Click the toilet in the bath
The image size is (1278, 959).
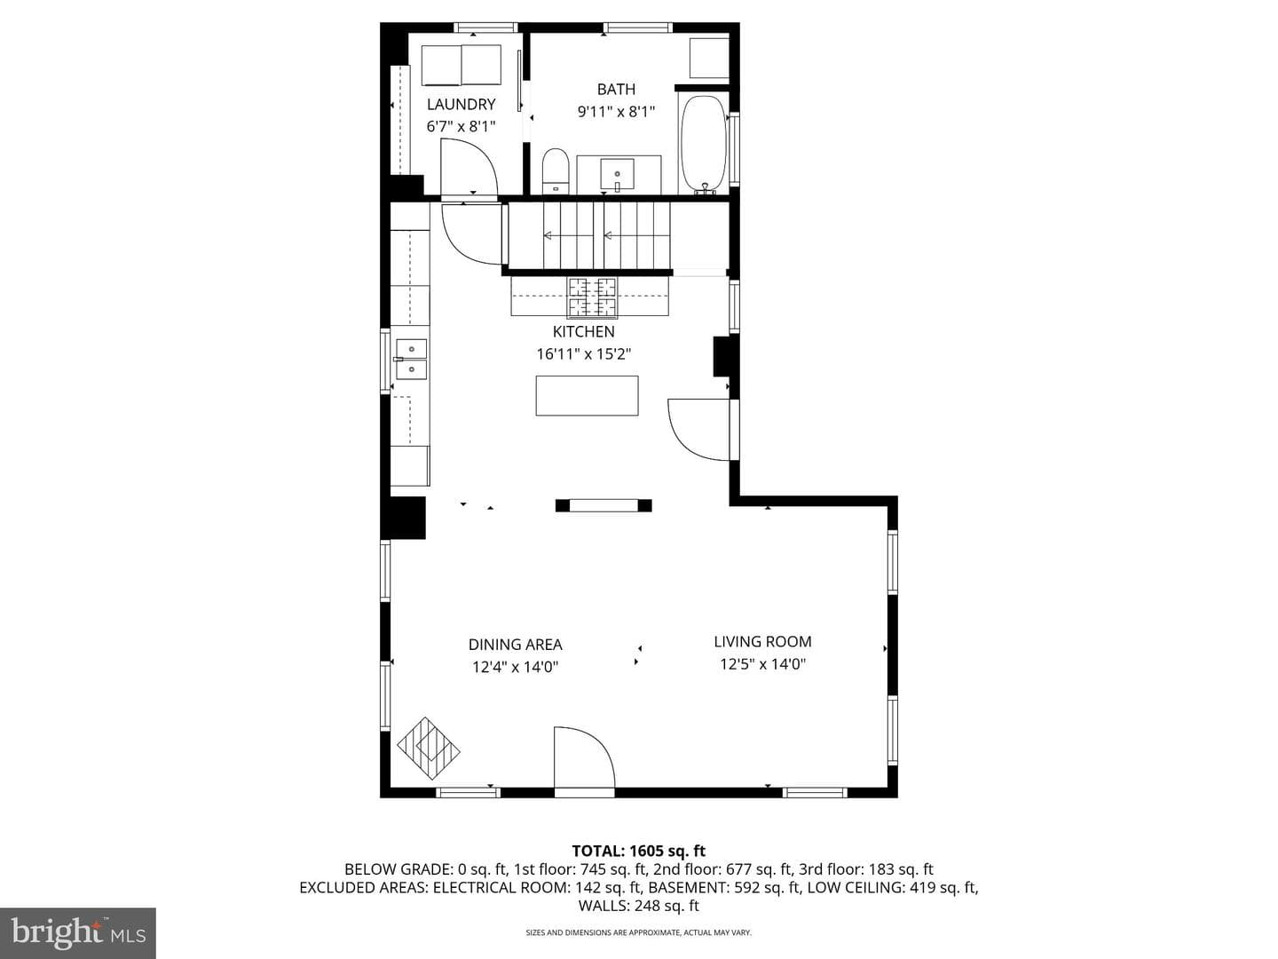(x=555, y=171)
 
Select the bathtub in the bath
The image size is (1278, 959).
(x=703, y=145)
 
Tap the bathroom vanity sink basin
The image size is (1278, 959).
(x=617, y=175)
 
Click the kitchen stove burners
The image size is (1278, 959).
(x=592, y=298)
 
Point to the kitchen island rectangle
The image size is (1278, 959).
(x=587, y=395)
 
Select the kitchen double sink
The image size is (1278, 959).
(x=411, y=360)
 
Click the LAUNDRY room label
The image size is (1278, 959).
(x=461, y=104)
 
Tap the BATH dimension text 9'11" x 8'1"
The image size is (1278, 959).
(x=617, y=111)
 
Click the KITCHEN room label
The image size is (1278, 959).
(x=583, y=331)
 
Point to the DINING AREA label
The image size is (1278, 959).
(x=516, y=645)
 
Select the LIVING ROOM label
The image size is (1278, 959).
(x=762, y=642)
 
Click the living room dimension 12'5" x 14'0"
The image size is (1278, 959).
(x=762, y=664)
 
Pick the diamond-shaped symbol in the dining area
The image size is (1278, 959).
(x=429, y=749)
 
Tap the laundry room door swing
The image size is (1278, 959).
(x=469, y=167)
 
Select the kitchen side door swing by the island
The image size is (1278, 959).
(x=698, y=430)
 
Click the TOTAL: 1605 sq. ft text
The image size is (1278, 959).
(x=639, y=851)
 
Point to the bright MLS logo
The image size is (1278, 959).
(x=78, y=932)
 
